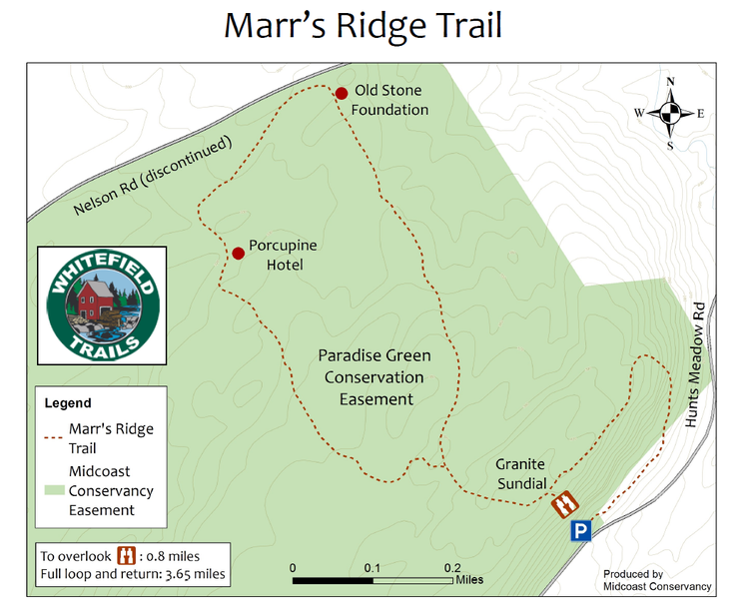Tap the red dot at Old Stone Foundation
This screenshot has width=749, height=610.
pos(342,93)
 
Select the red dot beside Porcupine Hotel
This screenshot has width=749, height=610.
pos(239,253)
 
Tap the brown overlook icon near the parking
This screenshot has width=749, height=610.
pos(564,502)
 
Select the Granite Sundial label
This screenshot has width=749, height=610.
pos(521,474)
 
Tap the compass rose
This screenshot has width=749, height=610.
pos(671,113)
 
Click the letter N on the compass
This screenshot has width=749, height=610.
pos(671,82)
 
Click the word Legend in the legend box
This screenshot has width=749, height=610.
pos(68,403)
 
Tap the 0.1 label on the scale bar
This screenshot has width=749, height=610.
pos(373,567)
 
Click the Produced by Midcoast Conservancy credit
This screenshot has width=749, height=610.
pos(657,580)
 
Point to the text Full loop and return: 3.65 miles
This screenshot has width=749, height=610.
pos(133,575)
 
